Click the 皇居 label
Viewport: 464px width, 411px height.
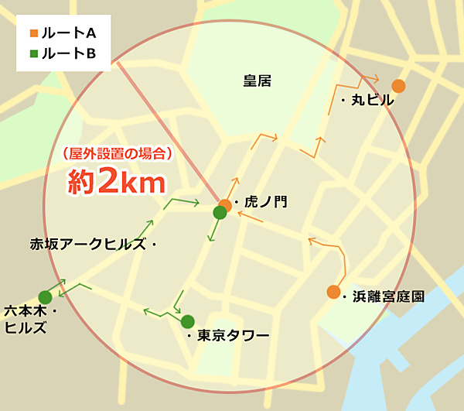(257, 80)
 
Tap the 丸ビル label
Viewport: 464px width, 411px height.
(372, 100)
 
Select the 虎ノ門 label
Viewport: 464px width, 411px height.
(264, 201)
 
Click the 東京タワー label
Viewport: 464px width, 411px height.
(233, 335)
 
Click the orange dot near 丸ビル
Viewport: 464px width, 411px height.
(398, 86)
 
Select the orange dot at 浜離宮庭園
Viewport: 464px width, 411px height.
(333, 292)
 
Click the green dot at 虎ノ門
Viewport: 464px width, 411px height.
(220, 213)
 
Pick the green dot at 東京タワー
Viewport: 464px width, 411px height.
(187, 321)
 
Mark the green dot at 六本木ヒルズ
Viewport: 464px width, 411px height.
(45, 297)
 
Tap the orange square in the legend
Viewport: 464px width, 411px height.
(33, 34)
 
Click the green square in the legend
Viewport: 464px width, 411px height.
(33, 54)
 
